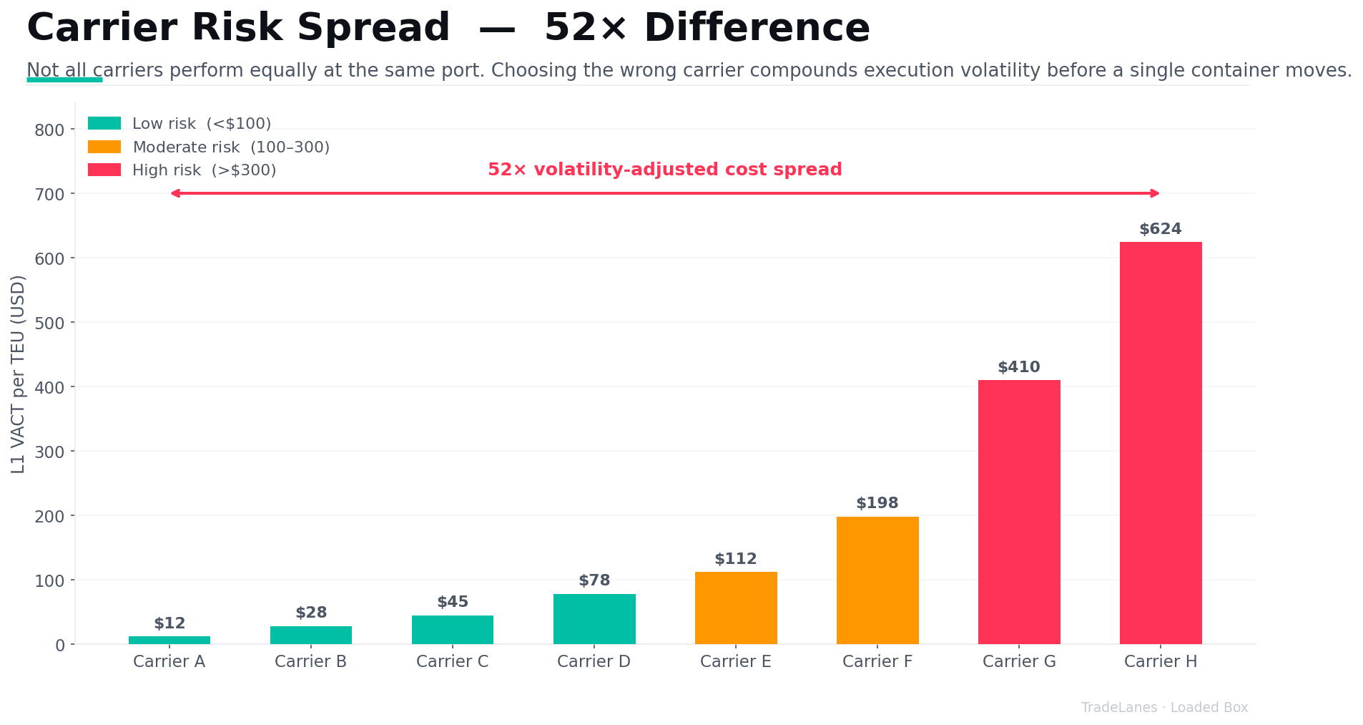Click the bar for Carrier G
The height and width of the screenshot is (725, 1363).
(1018, 512)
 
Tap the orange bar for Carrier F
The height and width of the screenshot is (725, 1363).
(877, 580)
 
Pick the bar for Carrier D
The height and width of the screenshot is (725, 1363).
(594, 618)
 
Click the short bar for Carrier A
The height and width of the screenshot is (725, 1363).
(169, 640)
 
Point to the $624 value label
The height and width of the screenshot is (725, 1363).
(1160, 229)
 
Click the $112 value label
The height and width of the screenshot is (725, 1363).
(735, 559)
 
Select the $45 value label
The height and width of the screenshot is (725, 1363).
(452, 602)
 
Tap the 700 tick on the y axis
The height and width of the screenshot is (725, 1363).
(49, 194)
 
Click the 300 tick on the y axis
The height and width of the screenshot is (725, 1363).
(49, 452)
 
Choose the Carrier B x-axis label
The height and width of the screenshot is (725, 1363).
(310, 661)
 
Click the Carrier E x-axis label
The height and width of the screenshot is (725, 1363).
(735, 661)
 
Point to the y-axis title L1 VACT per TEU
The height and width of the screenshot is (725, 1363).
(19, 374)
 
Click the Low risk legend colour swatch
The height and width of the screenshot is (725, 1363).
(104, 123)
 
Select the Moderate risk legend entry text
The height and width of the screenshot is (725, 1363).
(231, 147)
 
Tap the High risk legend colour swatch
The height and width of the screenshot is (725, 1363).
(104, 170)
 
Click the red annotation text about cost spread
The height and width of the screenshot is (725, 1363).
(664, 170)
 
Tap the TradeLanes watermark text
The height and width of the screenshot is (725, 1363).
(1118, 708)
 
